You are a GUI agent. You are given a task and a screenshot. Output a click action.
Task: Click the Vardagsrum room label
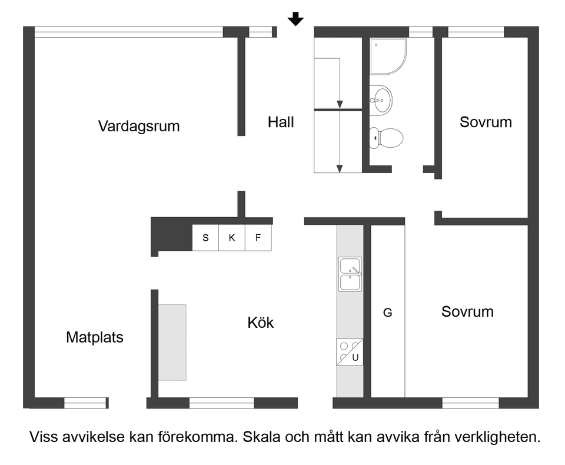click(x=139, y=126)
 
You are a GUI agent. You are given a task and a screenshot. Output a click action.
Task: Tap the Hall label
click(x=281, y=122)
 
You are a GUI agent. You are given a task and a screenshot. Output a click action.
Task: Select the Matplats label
click(x=95, y=337)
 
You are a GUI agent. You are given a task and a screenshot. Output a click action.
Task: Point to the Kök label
click(x=261, y=323)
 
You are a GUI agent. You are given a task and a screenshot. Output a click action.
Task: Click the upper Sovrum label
click(x=486, y=122)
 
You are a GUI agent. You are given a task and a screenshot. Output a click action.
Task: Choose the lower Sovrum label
click(x=467, y=311)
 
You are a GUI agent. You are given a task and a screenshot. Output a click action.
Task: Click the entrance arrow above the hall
click(x=295, y=20)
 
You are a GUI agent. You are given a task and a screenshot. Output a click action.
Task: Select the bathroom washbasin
click(x=381, y=98)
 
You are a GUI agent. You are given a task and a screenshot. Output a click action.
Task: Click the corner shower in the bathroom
click(x=387, y=56)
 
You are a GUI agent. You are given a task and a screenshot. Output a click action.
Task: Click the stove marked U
click(x=350, y=352)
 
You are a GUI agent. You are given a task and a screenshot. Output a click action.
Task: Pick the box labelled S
click(x=205, y=238)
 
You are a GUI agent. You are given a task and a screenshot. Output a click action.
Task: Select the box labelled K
click(x=232, y=238)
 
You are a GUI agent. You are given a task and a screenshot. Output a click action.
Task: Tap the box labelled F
click(x=258, y=238)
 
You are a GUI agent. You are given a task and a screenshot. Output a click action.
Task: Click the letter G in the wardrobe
click(x=387, y=313)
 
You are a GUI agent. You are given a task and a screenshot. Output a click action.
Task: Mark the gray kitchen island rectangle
click(x=172, y=342)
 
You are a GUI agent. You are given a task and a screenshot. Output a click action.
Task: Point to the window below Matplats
click(x=85, y=403)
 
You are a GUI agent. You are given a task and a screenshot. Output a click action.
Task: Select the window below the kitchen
click(x=221, y=403)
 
